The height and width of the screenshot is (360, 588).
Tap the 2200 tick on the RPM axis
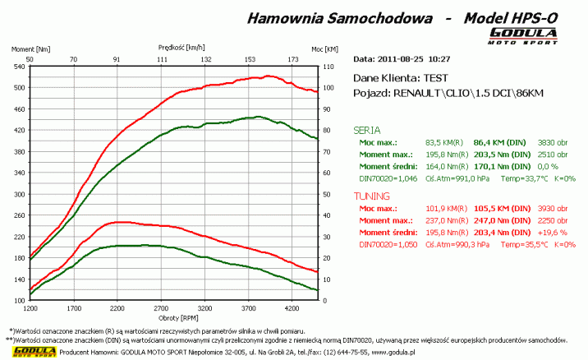117,310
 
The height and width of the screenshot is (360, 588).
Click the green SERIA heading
366,130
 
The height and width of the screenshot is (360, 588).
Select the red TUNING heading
371,197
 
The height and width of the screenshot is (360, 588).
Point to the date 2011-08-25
402,59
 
